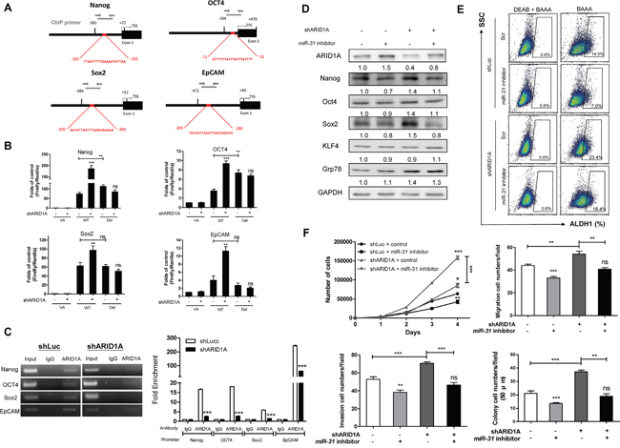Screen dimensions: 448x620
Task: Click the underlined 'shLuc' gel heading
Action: tap(61, 333)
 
